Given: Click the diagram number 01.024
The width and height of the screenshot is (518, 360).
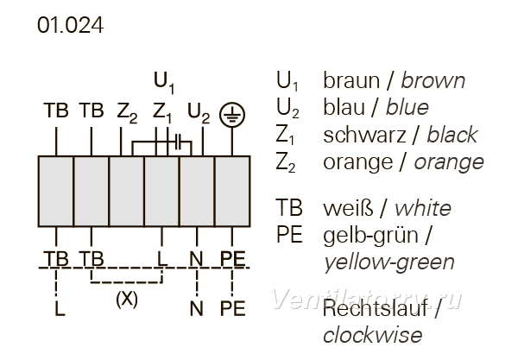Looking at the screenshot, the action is tap(71, 25).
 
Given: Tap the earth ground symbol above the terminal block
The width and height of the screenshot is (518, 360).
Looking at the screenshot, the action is tap(232, 115).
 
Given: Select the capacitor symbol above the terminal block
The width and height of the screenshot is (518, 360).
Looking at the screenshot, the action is tap(179, 142).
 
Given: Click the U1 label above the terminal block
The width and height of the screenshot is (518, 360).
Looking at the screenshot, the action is tap(164, 83).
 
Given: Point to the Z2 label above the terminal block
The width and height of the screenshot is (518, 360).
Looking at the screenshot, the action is tap(127, 113).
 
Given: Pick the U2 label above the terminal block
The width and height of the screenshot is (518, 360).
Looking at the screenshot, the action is tap(199, 113).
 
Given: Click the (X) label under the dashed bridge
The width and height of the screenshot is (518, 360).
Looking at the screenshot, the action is tap(127, 300).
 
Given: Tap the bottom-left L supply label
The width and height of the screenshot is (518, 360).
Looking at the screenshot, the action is tap(60, 308).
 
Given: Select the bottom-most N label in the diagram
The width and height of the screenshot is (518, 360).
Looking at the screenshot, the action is tap(197, 308).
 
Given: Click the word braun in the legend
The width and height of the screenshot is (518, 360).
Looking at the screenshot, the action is tap(351, 80).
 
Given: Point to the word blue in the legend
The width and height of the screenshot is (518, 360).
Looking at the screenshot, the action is tap(407, 108).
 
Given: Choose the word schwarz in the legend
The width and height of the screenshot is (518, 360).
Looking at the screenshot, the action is tap(364, 135).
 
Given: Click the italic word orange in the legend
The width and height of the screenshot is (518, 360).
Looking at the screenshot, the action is tap(449, 163).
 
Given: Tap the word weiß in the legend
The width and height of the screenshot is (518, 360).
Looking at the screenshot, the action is tap(349, 208).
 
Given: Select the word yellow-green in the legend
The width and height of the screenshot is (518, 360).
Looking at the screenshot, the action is tap(389, 263).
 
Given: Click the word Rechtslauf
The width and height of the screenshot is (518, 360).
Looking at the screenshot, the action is tap(375, 308).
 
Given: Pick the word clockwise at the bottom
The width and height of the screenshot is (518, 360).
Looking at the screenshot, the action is tap(373, 335).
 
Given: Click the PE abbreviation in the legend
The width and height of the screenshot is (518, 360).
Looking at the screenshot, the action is tap(289, 235).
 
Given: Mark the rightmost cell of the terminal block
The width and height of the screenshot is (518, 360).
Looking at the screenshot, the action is tap(232, 192).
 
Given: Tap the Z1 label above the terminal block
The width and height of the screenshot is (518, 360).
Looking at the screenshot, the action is tap(162, 113).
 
